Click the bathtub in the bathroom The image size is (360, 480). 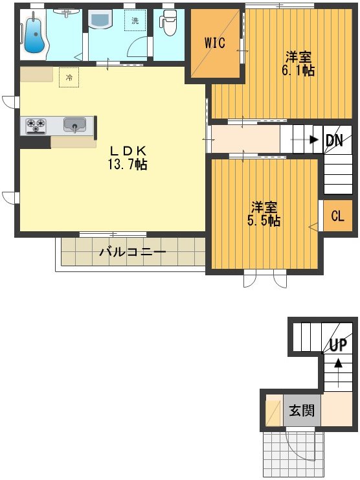tap(32, 32)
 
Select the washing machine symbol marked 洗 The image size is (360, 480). tap(135, 21)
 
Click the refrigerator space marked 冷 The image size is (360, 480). tap(68, 76)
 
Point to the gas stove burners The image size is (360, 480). tap(36, 125)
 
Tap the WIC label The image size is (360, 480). tap(214, 43)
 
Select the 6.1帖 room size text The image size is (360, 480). tap(298, 70)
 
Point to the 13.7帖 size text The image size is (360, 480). tap(127, 164)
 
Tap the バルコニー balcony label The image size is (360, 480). tap(132, 252)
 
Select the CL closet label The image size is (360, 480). tap(337, 216)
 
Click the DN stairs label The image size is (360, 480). tap(334, 140)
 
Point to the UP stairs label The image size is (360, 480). tap(338, 345)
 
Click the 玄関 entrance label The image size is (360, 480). tap(302, 411)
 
